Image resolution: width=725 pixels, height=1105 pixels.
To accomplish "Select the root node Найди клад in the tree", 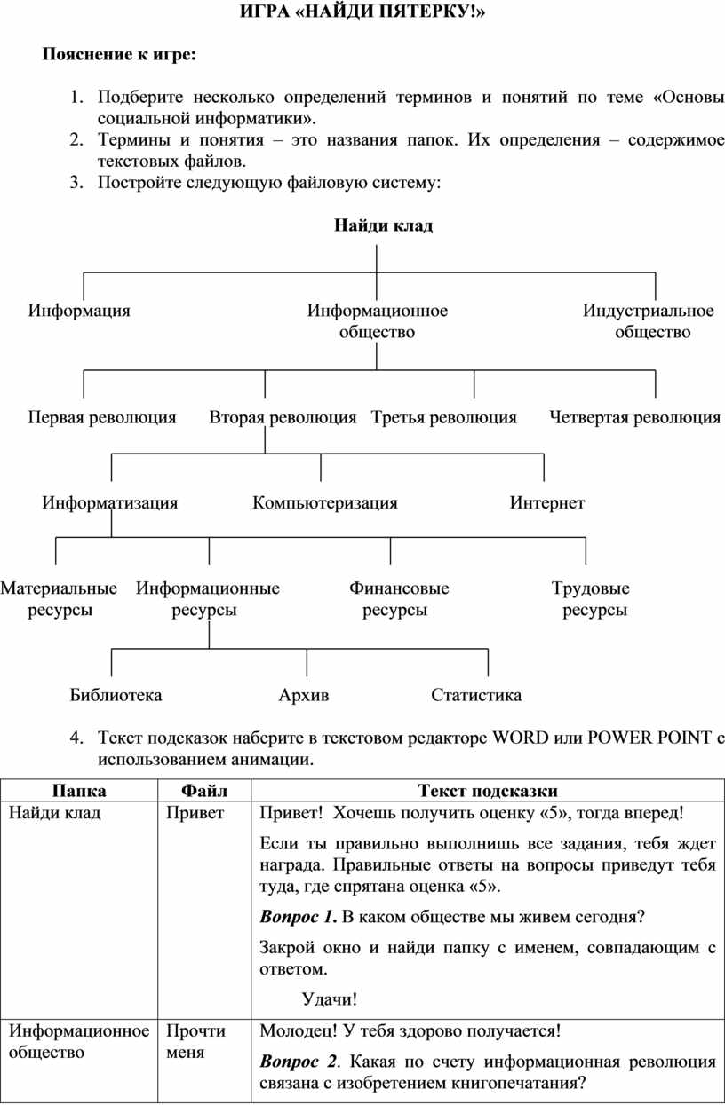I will (x=383, y=225).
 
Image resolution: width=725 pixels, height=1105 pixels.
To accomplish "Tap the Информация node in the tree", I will (x=79, y=311).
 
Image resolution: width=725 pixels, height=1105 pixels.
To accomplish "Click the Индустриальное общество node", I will (x=649, y=321).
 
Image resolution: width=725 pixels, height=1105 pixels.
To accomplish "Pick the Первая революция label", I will (x=101, y=417).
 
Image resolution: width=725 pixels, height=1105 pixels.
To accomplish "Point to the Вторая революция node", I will (x=283, y=417).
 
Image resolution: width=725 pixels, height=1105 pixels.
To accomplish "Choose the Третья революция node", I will (x=443, y=417).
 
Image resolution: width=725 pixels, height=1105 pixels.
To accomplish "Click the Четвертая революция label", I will (x=634, y=417).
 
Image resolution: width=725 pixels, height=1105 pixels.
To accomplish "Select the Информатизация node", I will (x=110, y=503).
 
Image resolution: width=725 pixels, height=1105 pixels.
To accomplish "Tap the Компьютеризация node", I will (x=324, y=503).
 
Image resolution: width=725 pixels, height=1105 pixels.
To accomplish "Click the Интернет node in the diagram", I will (x=546, y=503).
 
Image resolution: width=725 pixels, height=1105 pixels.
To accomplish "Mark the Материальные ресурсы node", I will (x=59, y=599).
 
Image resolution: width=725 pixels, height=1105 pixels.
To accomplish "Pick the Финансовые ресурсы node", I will (x=398, y=599).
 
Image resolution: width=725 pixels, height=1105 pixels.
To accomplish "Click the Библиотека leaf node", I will (x=116, y=695).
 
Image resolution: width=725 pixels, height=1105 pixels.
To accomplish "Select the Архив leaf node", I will (x=303, y=695).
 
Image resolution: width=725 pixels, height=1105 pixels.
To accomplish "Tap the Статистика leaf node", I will (x=476, y=695).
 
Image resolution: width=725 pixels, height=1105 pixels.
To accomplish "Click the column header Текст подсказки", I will (x=488, y=791).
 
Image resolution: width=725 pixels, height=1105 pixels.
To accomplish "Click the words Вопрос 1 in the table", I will (x=298, y=916).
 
